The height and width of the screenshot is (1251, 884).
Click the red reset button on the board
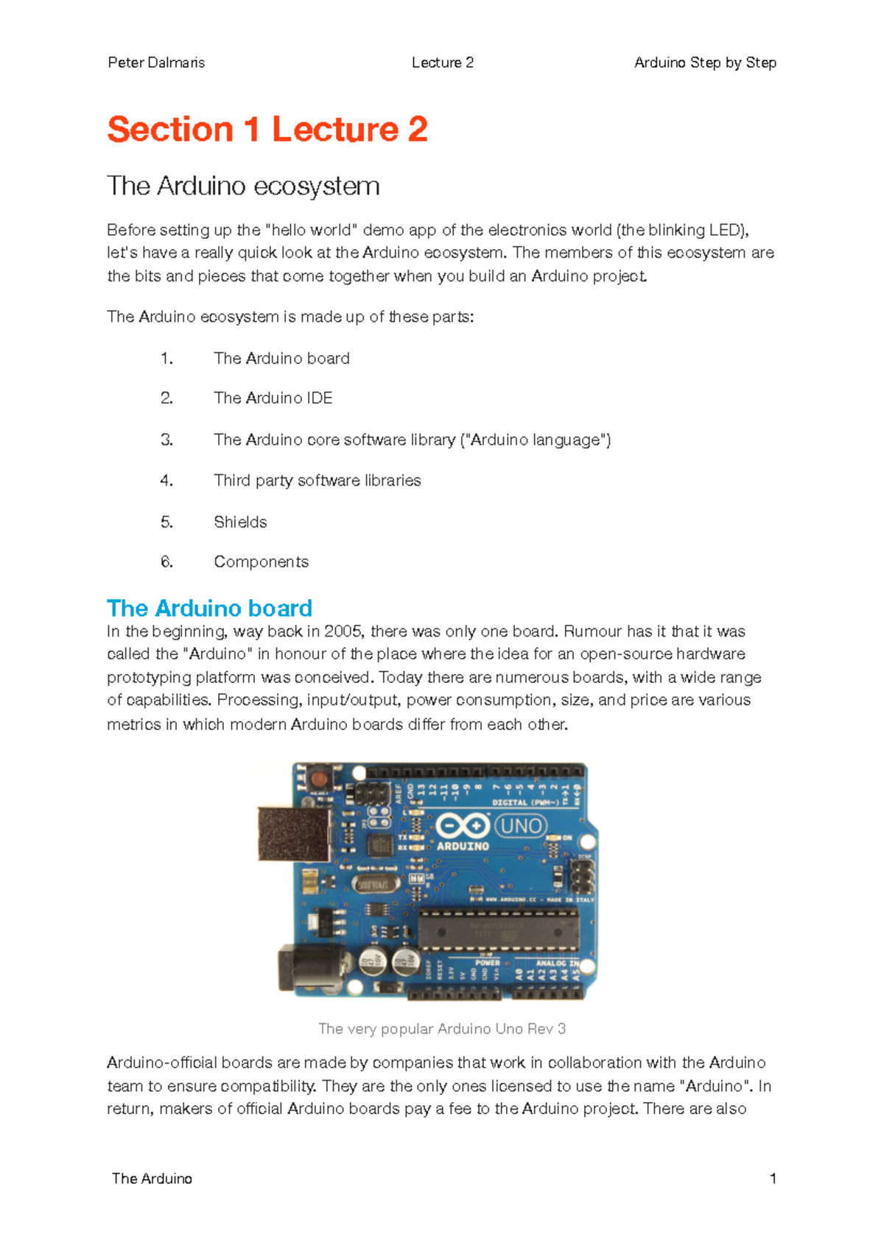pos(318,779)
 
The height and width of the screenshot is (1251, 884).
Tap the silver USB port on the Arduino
pos(293,834)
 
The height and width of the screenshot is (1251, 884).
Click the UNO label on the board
pos(521,826)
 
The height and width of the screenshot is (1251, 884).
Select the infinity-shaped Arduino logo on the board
pos(463,826)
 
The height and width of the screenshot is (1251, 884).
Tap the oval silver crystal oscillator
pos(376,884)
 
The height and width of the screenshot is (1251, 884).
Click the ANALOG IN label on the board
pos(556,963)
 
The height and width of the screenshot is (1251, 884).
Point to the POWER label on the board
pos(487,963)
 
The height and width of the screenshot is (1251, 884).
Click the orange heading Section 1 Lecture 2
pos(267,130)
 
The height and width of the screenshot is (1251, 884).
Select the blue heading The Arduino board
pos(210,608)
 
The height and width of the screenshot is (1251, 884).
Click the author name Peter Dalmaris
pos(156,63)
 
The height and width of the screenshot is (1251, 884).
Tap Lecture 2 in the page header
pos(442,63)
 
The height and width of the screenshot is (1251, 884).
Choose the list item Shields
pos(240,522)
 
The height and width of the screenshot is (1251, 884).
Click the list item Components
pos(261,561)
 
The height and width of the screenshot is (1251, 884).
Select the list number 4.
pos(166,480)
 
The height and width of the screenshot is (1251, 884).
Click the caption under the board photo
pos(442,1029)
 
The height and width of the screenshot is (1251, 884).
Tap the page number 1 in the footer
pos(773,1178)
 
